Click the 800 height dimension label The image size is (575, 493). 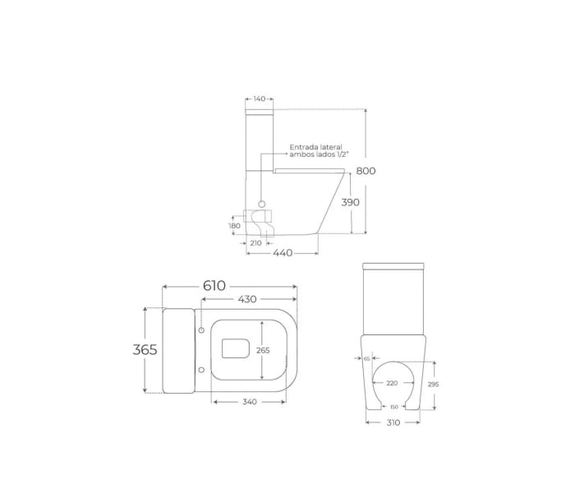click(x=366, y=171)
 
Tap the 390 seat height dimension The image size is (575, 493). click(x=351, y=202)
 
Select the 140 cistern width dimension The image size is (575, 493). click(x=260, y=99)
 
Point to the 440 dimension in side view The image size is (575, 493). click(x=283, y=253)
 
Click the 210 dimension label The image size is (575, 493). click(x=255, y=243)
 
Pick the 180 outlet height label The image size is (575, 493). click(x=235, y=226)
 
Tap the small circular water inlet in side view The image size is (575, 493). click(x=262, y=204)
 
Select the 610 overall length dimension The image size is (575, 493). click(x=214, y=286)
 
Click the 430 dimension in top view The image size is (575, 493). click(x=247, y=299)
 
